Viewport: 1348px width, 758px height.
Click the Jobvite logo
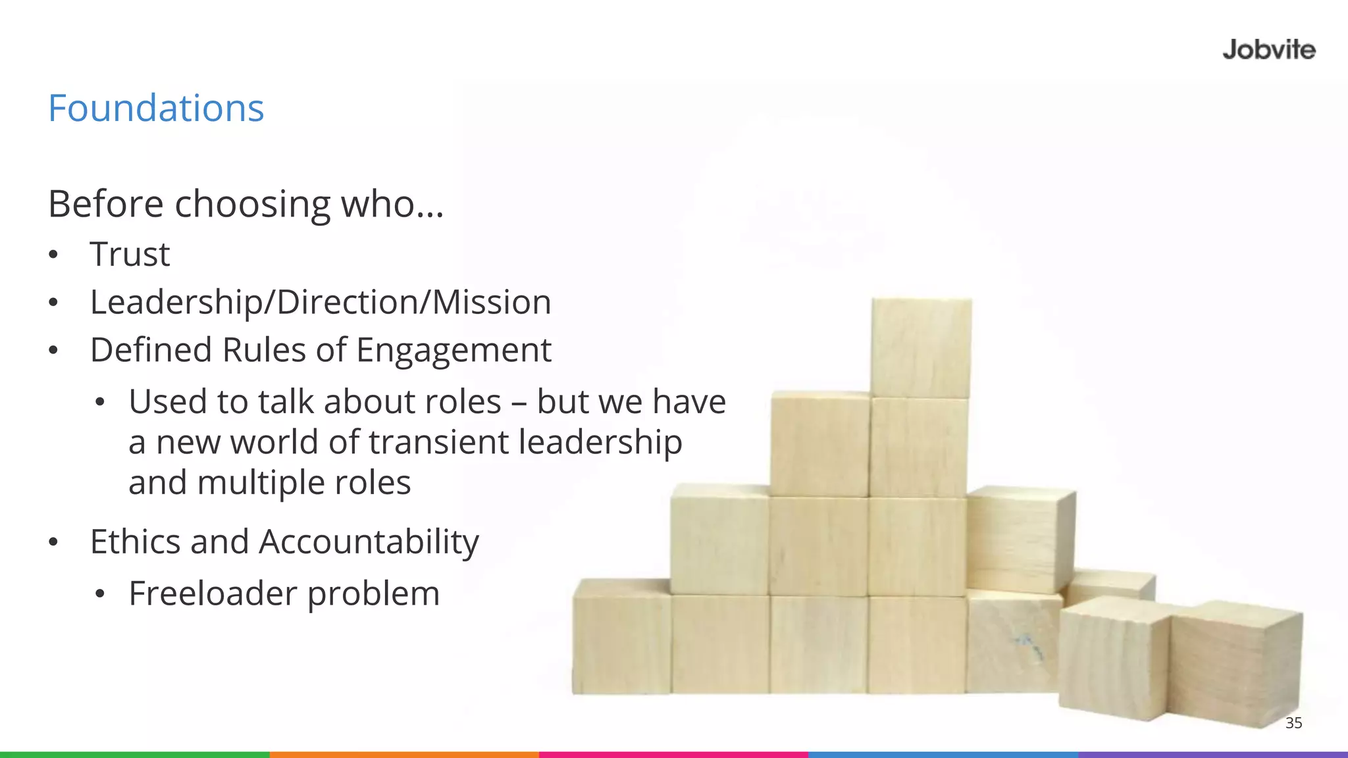coord(1268,50)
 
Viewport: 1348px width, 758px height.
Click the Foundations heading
coord(156,108)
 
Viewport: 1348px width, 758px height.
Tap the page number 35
coord(1293,722)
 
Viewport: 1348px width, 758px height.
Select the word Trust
coord(130,254)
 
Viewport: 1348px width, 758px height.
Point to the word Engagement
coord(454,350)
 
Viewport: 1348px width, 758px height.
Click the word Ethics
coord(136,542)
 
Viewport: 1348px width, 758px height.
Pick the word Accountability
coord(369,543)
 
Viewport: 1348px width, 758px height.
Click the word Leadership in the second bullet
coord(174,302)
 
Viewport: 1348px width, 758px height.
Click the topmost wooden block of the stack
coord(921,347)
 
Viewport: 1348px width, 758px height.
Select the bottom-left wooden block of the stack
coord(621,637)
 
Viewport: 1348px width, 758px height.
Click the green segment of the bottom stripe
coord(134,754)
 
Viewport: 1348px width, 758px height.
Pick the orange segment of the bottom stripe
coord(404,754)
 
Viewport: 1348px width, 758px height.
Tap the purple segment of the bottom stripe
coord(1213,754)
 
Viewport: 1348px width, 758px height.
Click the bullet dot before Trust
coord(53,255)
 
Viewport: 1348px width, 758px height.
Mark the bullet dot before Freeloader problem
coord(99,594)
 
